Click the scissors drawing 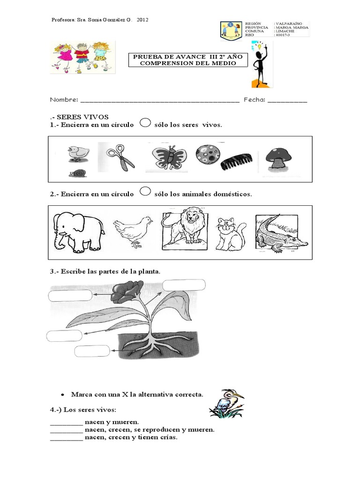(x=120, y=157)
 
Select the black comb (x=239, y=162)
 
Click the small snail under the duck (x=78, y=173)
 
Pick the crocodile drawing (x=280, y=233)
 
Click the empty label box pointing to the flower (x=70, y=295)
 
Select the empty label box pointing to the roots (x=92, y=352)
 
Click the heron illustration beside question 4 (x=227, y=404)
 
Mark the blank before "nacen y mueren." (x=66, y=422)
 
